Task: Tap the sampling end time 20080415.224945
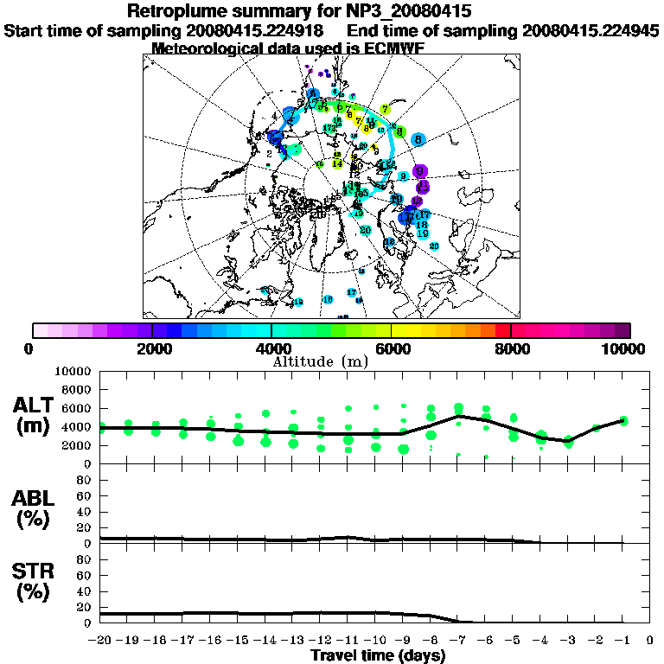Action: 584,30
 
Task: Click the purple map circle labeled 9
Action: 420,171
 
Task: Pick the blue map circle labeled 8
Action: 418,139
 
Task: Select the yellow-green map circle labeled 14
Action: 337,163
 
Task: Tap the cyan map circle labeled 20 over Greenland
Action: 366,230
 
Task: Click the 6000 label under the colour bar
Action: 391,348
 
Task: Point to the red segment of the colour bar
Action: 503,329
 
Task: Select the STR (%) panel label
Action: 35,581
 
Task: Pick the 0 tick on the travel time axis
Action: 649,641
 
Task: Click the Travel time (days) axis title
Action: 378,655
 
